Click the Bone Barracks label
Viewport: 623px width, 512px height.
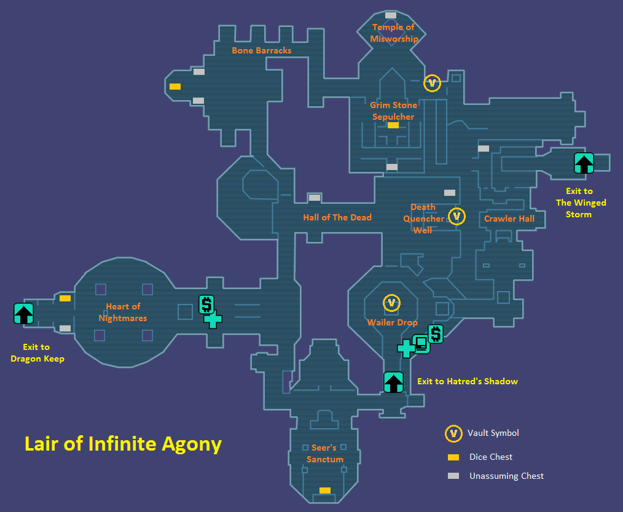coord(261,50)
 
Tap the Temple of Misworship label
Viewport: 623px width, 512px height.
coord(394,33)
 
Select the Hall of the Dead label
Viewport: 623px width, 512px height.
coord(337,217)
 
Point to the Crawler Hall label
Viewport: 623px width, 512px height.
coord(509,219)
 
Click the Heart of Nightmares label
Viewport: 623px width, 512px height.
coord(123,312)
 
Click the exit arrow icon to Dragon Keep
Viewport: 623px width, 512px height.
coord(23,314)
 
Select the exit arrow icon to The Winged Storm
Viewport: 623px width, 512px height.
coord(584,163)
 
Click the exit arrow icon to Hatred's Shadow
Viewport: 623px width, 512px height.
coord(393,382)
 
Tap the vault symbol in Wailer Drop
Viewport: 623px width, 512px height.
coord(391,303)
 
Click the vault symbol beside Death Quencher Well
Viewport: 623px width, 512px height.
coord(456,216)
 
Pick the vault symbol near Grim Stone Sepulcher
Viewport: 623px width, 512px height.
coord(432,83)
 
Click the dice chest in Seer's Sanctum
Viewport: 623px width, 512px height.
coord(325,491)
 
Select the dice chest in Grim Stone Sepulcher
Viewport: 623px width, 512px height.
coord(393,125)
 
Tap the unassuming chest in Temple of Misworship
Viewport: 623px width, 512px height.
coord(391,15)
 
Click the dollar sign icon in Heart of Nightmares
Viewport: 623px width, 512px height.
coord(206,304)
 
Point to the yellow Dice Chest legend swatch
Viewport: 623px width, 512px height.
coord(453,457)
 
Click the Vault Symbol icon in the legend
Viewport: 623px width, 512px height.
coord(453,433)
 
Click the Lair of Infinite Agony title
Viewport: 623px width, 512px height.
coord(123,443)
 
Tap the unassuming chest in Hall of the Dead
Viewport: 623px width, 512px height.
coord(315,198)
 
